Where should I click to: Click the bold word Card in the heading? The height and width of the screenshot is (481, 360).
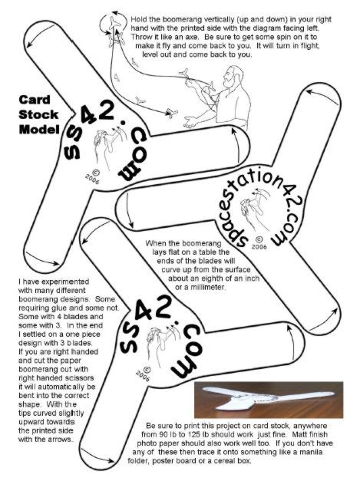coord(34,100)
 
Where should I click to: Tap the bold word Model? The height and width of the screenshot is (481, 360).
coord(38,130)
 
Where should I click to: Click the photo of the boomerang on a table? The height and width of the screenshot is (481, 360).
coord(269,400)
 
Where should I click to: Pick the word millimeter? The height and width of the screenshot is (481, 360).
coord(208,288)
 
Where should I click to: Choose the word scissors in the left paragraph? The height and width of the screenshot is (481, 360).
coord(79,377)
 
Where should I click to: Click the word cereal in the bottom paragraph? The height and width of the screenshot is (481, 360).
coord(216,461)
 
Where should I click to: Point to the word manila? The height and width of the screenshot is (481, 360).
coord(310,452)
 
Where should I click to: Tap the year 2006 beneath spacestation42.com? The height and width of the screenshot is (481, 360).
coord(259,246)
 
